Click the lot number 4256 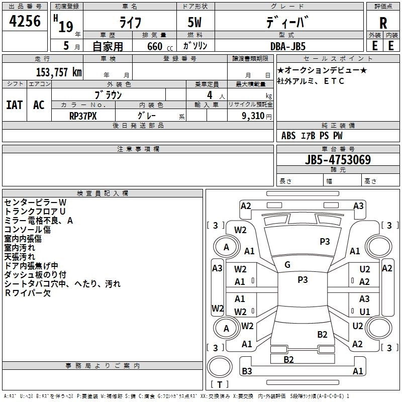point(25,21)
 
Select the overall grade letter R point(383,23)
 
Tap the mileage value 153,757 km point(59,72)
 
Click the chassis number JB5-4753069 point(338,159)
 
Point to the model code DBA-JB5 point(288,46)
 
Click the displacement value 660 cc point(160,46)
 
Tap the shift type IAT point(15,105)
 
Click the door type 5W point(194,22)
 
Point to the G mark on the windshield point(287,265)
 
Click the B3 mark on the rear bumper point(247,371)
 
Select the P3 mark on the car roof point(303,279)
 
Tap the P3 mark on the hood point(325,241)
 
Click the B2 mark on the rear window point(322,334)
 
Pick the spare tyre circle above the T point(220,367)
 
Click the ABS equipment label point(288,136)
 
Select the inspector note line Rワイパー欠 point(28,293)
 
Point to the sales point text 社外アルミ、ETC point(311,81)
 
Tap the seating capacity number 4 point(210,95)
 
